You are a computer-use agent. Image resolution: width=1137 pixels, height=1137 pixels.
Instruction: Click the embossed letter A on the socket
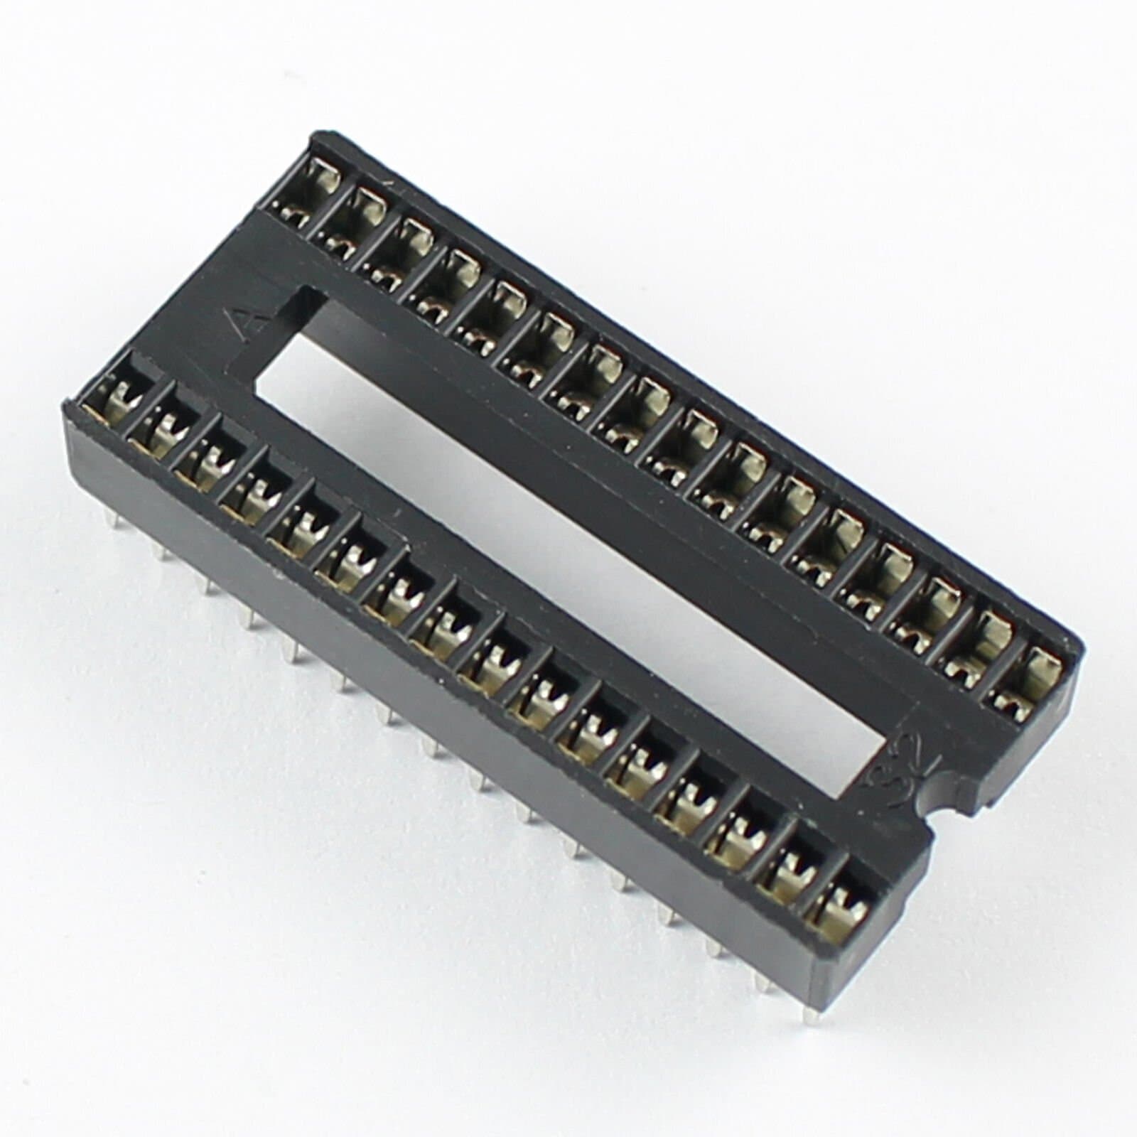(x=250, y=323)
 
